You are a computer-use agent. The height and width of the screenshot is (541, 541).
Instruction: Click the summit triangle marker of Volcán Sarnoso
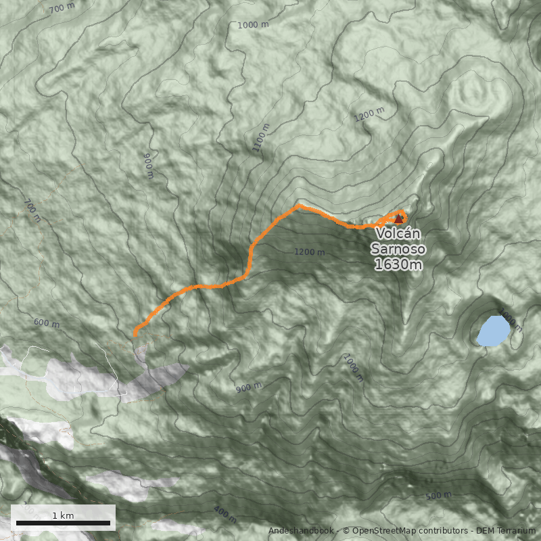398,218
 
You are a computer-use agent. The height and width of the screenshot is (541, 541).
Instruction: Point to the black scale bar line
63,523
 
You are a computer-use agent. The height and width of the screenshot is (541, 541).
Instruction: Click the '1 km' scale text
63,515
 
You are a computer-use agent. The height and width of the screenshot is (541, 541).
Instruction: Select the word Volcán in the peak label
399,233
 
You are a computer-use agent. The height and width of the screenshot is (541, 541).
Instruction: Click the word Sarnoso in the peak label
398,249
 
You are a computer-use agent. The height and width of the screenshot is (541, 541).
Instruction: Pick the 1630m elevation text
398,264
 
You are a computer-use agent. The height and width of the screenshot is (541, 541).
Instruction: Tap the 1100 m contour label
261,137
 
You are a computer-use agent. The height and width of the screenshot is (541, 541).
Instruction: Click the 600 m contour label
46,323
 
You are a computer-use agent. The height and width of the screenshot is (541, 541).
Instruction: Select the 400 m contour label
225,514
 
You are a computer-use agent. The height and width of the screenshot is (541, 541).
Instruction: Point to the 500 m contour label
438,496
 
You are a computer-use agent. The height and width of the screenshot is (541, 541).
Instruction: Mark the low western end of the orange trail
135,333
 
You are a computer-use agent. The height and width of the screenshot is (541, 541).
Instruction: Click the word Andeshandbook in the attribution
300,531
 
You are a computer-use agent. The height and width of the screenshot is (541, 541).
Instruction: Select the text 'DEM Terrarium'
506,531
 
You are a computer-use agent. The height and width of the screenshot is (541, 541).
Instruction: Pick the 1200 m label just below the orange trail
309,252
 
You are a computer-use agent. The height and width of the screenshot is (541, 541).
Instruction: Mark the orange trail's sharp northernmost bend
298,206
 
